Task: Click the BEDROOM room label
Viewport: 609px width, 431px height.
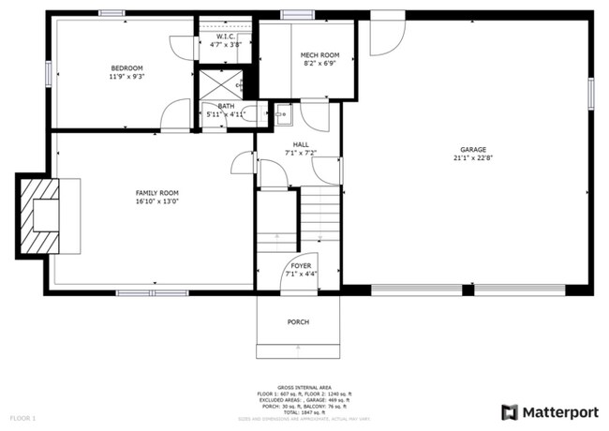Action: coord(126,68)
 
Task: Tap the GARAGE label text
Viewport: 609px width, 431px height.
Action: coord(473,150)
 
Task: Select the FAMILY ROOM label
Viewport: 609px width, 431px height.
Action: coord(156,192)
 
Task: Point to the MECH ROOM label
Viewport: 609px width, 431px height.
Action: coord(319,56)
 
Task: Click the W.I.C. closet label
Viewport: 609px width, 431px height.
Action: coord(225,37)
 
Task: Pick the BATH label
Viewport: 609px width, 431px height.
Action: coord(226,106)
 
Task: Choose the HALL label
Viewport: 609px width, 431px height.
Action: coord(300,143)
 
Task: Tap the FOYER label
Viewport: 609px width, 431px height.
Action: coord(300,266)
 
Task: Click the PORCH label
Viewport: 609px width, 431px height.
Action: coord(298,322)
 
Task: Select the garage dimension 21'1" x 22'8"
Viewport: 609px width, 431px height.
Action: coord(473,158)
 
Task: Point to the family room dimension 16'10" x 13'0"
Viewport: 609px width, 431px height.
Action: coord(156,201)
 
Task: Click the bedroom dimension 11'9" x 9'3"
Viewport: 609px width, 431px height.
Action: coord(126,77)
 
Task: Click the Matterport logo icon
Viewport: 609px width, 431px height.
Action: coord(510,412)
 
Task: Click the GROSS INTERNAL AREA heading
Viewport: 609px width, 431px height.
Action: coord(304,386)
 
